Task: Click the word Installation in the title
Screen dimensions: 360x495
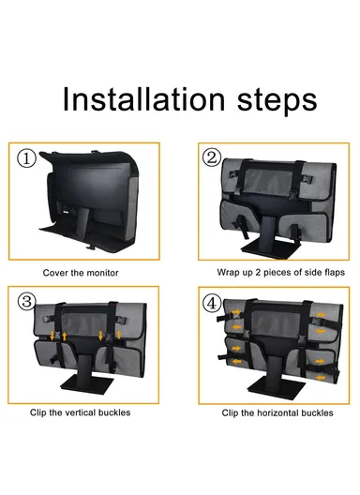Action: coord(143,99)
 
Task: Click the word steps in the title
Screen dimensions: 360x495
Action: coord(277,101)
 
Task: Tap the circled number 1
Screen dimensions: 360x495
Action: coord(26,158)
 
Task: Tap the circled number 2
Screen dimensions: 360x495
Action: coord(211,157)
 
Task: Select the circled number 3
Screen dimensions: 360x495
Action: coord(26,301)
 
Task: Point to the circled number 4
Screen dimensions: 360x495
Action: coord(212,304)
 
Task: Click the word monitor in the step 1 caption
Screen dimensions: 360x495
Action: coord(101,273)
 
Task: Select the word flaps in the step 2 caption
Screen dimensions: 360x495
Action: coord(335,272)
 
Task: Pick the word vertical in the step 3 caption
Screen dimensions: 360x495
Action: coord(72,412)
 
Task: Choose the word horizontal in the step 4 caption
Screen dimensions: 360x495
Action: coord(275,412)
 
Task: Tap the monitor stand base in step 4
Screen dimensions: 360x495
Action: coord(277,389)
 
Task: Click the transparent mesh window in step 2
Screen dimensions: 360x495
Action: coord(268,182)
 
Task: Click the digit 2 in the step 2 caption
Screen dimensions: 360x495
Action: coord(258,272)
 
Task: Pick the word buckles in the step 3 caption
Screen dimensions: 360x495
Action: coord(115,412)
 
